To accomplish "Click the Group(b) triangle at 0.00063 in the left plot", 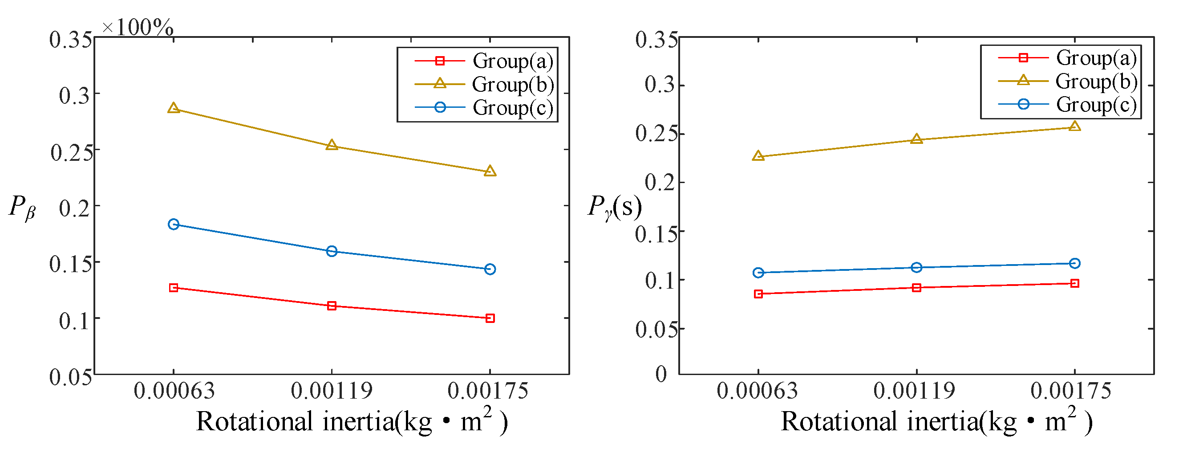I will (174, 109).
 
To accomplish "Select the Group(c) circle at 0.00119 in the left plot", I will (332, 251).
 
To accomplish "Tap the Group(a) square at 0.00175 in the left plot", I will (490, 318).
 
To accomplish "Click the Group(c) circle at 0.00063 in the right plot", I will (758, 273).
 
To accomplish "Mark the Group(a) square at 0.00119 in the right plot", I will (916, 288).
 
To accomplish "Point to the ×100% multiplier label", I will (138, 28).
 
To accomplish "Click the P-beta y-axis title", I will (22, 207).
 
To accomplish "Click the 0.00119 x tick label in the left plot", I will (332, 391).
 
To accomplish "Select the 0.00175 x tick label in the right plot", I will (1070, 391).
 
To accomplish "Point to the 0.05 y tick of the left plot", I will (71, 377).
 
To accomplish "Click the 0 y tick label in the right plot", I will (661, 374).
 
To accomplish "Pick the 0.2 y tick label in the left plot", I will (74, 208).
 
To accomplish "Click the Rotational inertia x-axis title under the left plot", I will (352, 421).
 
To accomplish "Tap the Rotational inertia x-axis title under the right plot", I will (936, 421).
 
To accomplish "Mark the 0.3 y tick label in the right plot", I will (659, 85).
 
